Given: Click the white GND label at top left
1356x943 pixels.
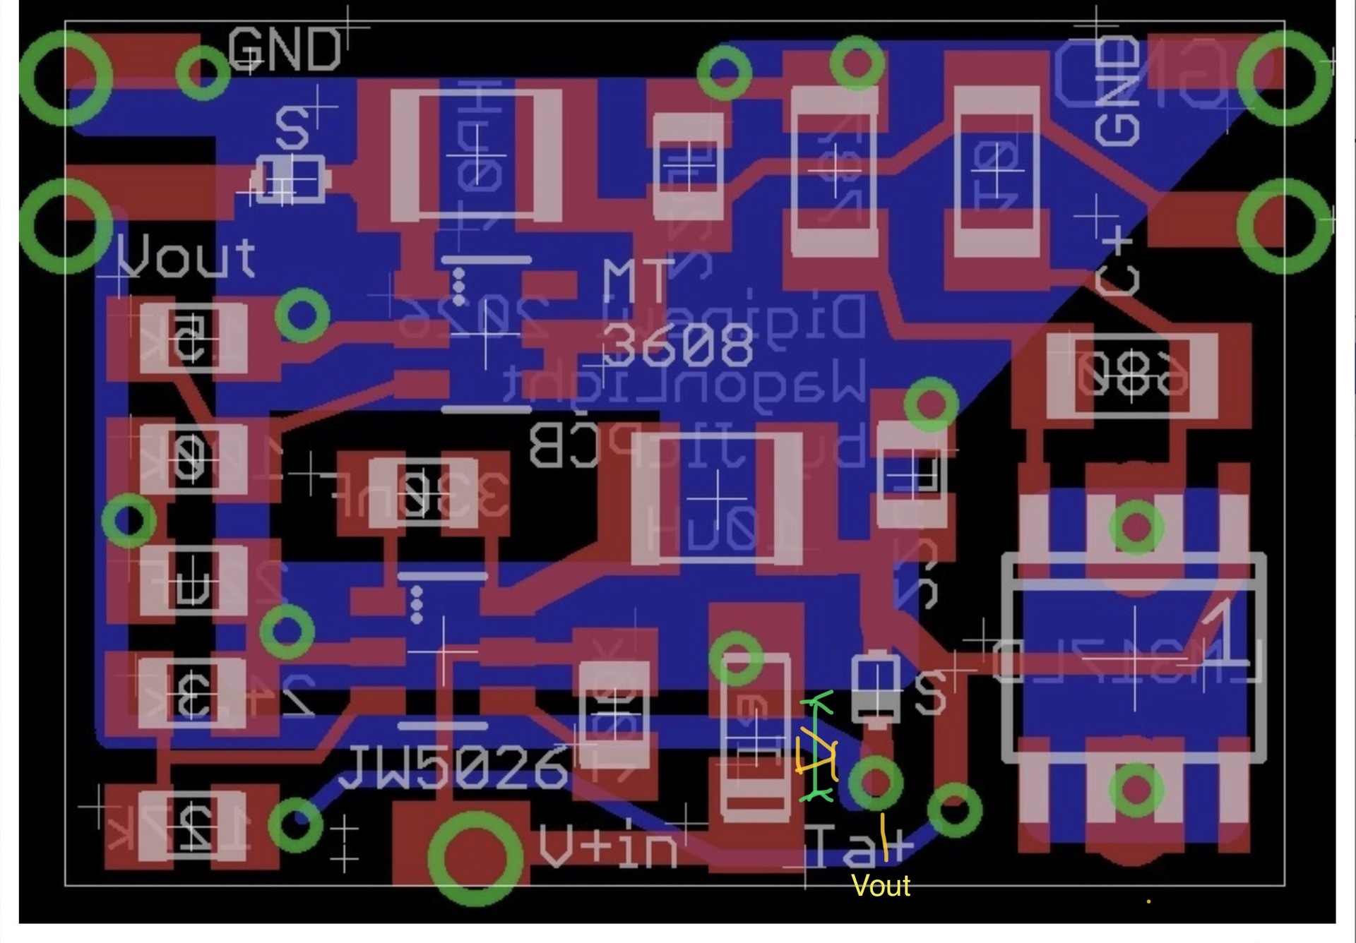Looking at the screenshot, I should [x=284, y=51].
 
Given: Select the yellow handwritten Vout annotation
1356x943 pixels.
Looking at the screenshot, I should [x=881, y=886].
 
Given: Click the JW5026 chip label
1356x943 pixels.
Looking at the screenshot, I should [x=453, y=767].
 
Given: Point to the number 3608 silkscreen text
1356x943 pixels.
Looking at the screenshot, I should [x=677, y=346].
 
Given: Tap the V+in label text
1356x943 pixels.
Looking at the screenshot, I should [x=607, y=846].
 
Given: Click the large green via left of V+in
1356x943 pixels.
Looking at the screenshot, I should [x=475, y=858].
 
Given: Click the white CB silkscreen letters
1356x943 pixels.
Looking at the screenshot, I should [x=563, y=445].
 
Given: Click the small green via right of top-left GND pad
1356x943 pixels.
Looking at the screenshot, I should [x=202, y=72].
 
